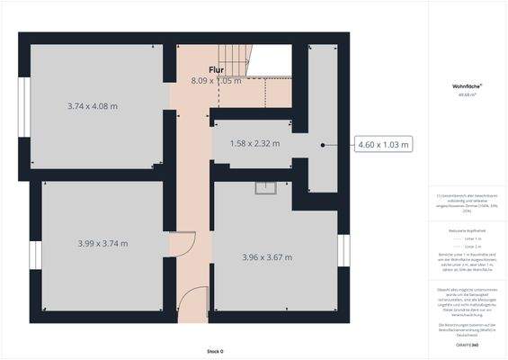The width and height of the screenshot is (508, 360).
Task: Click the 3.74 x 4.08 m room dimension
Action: (93, 106)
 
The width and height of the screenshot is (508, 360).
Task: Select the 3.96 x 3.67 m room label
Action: (268, 257)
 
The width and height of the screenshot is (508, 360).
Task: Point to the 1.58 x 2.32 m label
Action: (254, 144)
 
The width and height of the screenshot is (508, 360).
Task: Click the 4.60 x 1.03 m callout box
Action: (384, 144)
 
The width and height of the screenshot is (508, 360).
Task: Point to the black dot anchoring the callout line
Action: (324, 144)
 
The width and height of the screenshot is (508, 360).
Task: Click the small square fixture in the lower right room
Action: (264, 188)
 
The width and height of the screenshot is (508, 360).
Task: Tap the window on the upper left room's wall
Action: (25, 105)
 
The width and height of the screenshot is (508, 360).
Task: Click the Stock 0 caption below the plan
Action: (215, 351)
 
